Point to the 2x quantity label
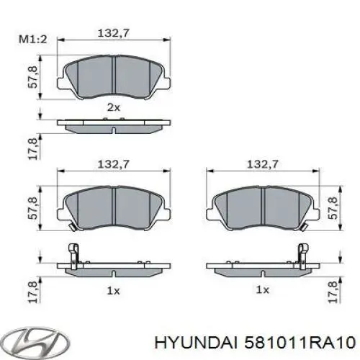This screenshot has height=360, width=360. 114,107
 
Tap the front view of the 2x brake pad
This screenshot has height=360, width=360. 115,74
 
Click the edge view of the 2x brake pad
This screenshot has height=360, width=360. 115,126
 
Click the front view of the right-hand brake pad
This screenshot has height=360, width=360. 263,207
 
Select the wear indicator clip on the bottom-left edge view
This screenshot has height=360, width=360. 73,254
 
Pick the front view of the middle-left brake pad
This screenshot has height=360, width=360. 115,207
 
